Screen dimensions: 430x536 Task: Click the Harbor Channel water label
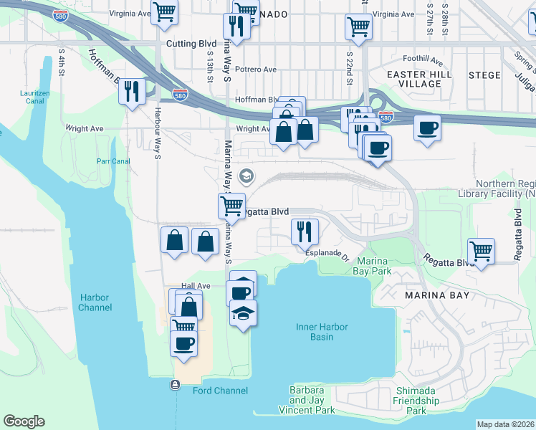(95, 302)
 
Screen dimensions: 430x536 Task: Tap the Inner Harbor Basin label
(322, 332)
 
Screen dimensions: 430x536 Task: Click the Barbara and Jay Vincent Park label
(312, 400)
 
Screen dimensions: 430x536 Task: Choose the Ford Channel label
(220, 391)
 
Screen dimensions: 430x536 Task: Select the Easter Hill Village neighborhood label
(414, 79)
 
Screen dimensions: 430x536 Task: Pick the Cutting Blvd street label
(191, 44)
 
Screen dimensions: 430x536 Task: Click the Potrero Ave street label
(256, 70)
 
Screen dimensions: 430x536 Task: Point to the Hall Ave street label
(196, 286)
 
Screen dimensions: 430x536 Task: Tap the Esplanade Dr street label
(327, 253)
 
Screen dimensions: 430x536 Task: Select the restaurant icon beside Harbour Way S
(132, 92)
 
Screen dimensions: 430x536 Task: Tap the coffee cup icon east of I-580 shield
(427, 129)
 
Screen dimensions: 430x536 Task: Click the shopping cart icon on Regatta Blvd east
(481, 252)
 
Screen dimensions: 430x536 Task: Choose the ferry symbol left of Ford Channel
(175, 385)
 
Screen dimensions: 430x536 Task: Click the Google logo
(24, 421)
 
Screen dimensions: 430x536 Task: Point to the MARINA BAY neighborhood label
(436, 295)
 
